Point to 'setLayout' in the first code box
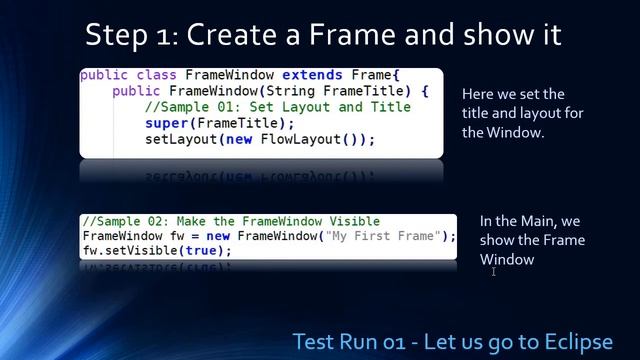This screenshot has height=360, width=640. click(181, 139)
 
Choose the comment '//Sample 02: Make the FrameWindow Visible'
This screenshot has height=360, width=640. click(231, 221)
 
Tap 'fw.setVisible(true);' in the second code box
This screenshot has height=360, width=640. click(157, 251)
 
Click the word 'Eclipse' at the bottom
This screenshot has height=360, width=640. click(575, 341)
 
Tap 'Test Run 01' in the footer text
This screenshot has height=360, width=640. click(351, 341)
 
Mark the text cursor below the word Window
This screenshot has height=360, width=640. click(494, 271)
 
